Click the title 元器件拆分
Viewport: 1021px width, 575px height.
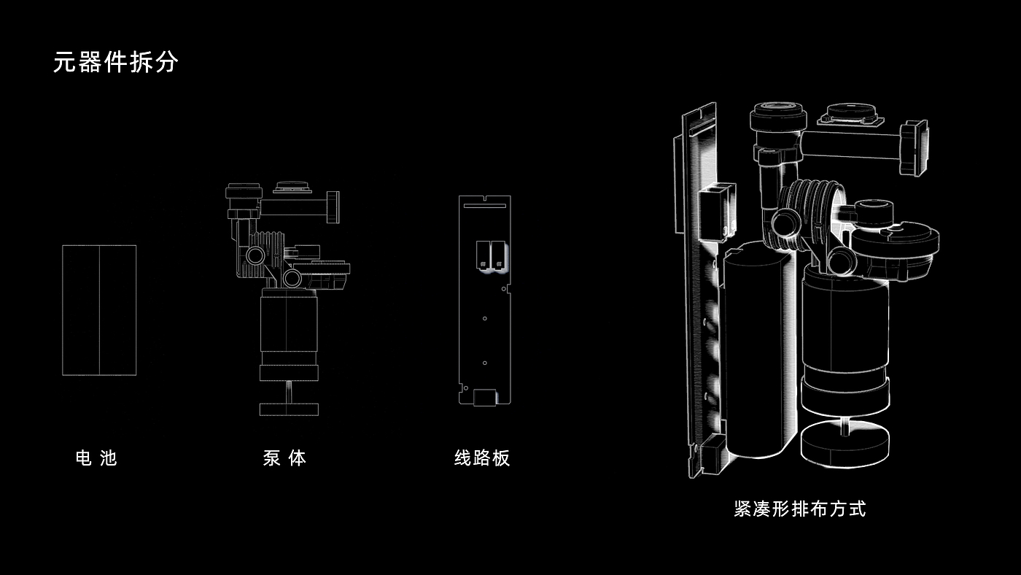[x=115, y=62]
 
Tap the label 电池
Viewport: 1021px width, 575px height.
[x=96, y=458]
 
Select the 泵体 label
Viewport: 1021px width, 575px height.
[x=284, y=458]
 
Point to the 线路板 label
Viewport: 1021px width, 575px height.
[x=482, y=458]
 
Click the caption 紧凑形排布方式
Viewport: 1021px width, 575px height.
[x=800, y=509]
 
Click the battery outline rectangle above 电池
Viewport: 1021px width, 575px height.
[x=99, y=310]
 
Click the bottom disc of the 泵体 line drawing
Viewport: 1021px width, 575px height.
[x=290, y=409]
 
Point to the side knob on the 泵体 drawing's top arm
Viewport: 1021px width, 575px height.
[x=333, y=207]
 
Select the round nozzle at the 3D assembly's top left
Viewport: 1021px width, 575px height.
[x=779, y=117]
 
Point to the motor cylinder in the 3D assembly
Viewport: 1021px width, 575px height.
[x=846, y=321]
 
